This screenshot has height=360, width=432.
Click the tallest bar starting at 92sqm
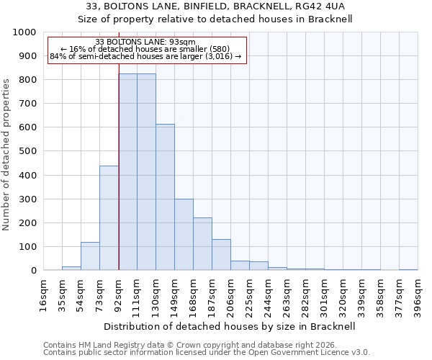click(x=127, y=172)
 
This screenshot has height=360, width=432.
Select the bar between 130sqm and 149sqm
click(x=165, y=197)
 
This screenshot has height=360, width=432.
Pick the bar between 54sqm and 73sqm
click(x=90, y=256)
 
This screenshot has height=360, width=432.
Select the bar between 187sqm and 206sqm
click(x=221, y=255)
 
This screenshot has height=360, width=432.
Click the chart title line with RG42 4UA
click(x=215, y=6)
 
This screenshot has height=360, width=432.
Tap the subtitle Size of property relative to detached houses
click(x=215, y=19)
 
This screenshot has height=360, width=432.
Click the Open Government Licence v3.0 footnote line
click(x=207, y=353)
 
